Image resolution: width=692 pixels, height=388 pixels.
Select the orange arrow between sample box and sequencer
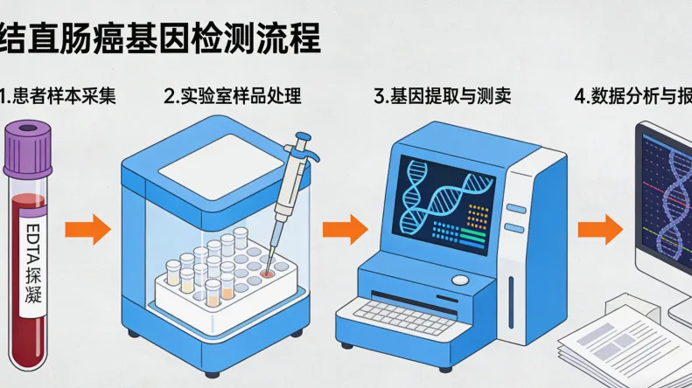tap(345, 231)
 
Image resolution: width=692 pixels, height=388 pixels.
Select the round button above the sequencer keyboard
tap(460, 280)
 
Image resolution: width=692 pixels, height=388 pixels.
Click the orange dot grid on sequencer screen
tap(478, 212)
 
